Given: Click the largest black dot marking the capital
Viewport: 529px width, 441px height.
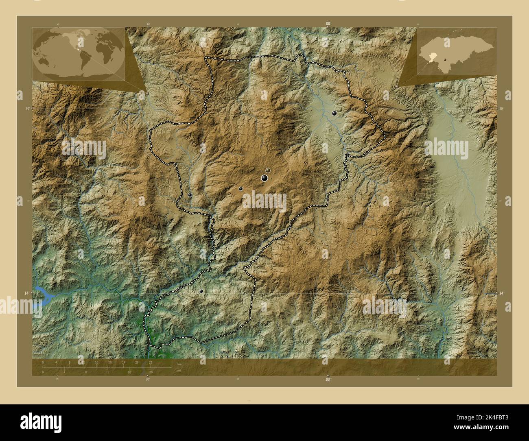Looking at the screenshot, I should (x=264, y=178).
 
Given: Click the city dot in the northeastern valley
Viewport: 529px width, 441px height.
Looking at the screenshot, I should (x=334, y=113).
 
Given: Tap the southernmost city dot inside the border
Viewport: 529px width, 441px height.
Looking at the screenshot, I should (x=201, y=291).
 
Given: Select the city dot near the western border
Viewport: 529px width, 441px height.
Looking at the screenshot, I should (x=190, y=195).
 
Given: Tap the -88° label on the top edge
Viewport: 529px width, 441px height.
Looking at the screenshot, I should (x=327, y=24).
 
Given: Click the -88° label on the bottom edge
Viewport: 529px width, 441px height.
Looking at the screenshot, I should (x=327, y=380).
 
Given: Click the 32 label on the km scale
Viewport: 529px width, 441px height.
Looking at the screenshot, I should (x=151, y=362).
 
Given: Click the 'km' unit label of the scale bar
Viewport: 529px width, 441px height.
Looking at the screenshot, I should (x=179, y=364).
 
